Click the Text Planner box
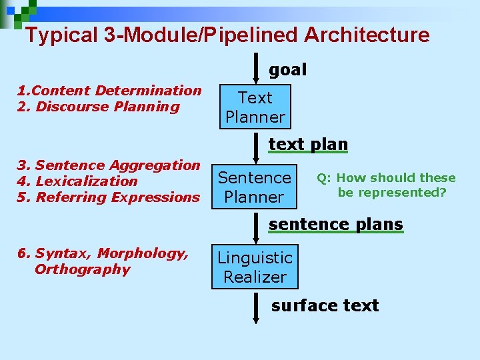(255, 107)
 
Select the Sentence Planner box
(255, 187)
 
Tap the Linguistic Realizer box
(255, 267)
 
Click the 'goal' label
(287, 69)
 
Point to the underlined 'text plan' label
(308, 144)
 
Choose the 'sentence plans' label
(335, 225)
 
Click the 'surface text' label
(325, 305)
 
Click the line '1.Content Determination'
(109, 91)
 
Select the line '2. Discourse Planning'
(99, 107)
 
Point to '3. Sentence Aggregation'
(109, 165)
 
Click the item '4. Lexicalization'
(77, 181)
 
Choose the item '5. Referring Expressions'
(109, 197)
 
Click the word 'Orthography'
(82, 269)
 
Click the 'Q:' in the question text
(325, 178)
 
